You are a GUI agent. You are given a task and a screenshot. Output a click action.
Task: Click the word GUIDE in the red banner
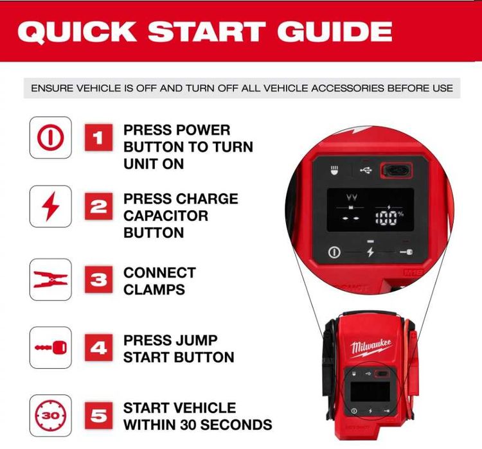[x=334, y=31]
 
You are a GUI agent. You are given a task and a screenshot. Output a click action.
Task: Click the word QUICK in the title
[x=76, y=32]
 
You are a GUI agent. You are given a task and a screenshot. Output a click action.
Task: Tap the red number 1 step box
[x=98, y=137]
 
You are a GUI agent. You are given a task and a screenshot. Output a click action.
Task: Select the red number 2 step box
[x=98, y=206]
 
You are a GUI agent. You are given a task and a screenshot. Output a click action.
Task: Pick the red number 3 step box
[x=98, y=279]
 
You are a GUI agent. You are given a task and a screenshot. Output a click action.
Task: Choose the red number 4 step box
[x=98, y=348]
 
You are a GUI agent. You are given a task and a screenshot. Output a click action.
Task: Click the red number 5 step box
[x=98, y=416]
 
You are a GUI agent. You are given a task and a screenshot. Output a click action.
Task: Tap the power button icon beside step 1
[x=50, y=137]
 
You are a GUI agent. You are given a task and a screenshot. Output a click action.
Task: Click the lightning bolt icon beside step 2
[x=50, y=206]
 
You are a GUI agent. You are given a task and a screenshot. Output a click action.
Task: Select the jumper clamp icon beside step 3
[x=50, y=279]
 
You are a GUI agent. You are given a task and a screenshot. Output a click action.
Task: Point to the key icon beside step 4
[x=50, y=348]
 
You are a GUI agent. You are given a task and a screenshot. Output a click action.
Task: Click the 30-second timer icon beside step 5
[x=50, y=416]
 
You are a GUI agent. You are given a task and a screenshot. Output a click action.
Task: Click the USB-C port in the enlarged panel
[x=397, y=170]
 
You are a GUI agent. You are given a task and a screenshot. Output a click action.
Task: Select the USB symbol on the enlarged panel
[x=366, y=170]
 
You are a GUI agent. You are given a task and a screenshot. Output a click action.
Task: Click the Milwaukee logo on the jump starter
[x=371, y=348]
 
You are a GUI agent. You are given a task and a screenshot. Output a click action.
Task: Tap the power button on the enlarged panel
[x=334, y=252]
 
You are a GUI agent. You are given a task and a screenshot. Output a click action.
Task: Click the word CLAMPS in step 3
[x=154, y=290]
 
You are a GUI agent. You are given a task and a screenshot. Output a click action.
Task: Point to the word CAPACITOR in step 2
[x=166, y=216]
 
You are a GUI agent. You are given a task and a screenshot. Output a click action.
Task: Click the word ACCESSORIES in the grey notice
[x=347, y=89]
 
